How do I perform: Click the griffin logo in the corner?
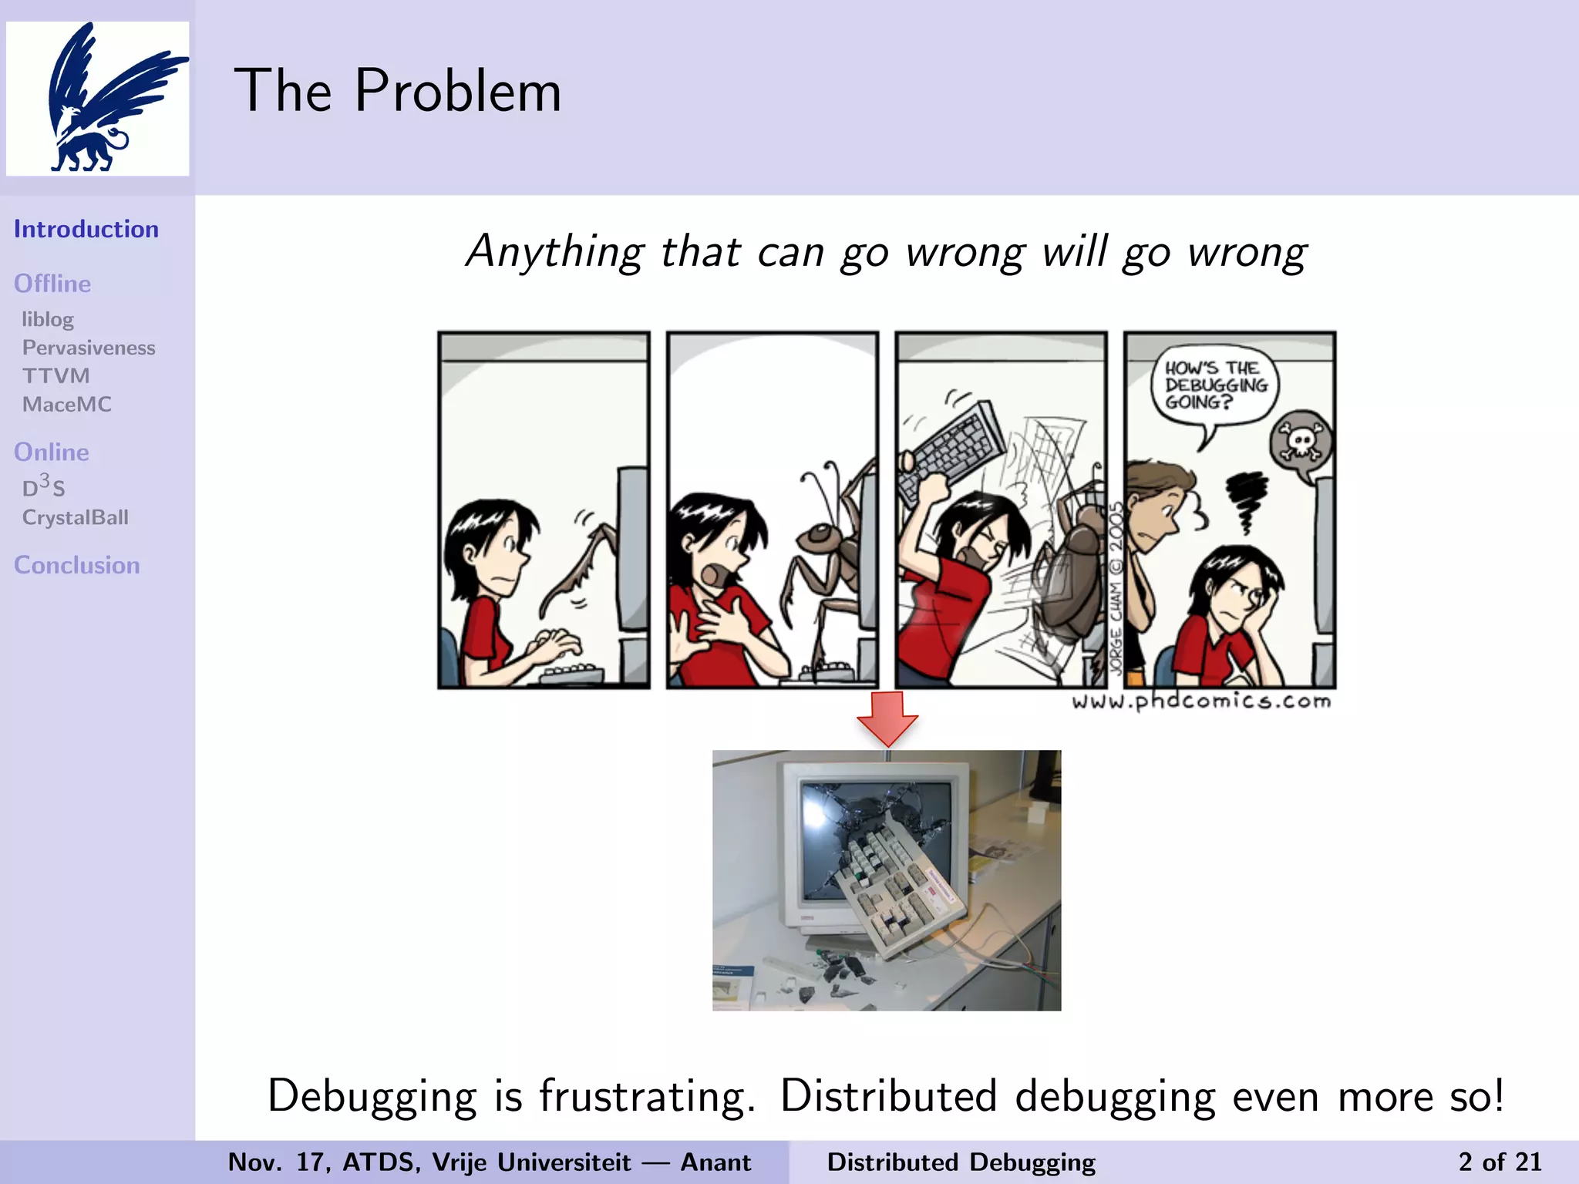98,98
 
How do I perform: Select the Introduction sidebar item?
86,229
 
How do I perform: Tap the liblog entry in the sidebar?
48,319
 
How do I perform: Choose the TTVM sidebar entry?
56,376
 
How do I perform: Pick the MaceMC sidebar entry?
67,405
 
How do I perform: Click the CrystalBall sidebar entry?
76,517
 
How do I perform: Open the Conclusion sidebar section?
77,565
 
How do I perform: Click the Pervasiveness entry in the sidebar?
89,348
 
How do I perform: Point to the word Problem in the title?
457,91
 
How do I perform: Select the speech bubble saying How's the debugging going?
1215,385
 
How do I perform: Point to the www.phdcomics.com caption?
1201,701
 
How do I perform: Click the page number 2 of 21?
1500,1162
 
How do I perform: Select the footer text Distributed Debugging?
961,1162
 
